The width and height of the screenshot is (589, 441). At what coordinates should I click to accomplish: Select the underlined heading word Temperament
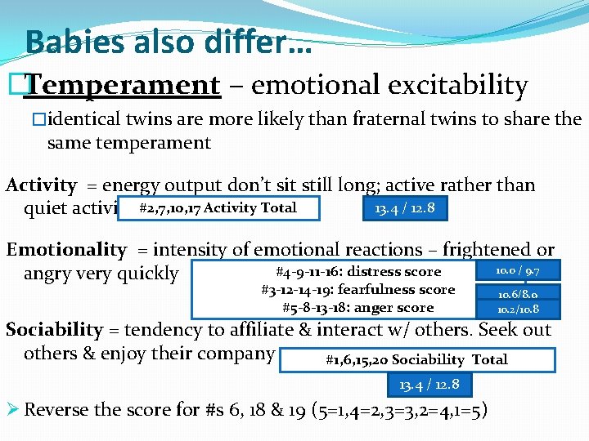[x=123, y=84]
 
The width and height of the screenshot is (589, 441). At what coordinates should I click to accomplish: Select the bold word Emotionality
[x=66, y=250]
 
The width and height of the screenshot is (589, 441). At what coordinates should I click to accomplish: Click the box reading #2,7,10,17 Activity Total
[x=218, y=208]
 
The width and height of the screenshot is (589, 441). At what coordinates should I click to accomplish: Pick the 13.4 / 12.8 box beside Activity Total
[x=404, y=208]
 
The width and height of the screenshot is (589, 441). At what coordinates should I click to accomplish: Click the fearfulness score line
[x=357, y=290]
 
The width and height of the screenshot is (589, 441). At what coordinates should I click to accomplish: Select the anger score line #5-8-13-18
[x=357, y=308]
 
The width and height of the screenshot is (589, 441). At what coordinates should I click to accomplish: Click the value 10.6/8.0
[x=518, y=293]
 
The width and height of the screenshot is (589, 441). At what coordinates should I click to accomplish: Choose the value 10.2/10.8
[x=518, y=310]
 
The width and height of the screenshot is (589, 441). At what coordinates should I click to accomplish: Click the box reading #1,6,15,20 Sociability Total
[x=416, y=359]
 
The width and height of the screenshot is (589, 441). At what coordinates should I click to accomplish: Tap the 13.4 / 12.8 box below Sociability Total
[x=429, y=385]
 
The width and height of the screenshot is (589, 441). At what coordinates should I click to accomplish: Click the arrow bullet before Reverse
[x=12, y=410]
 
